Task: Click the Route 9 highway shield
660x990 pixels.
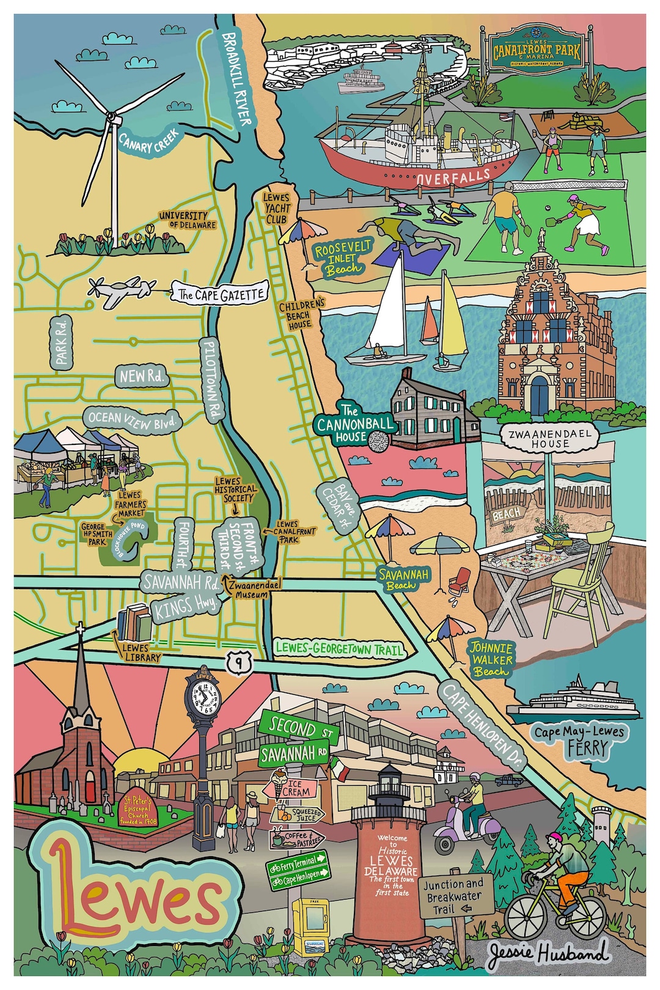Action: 241,661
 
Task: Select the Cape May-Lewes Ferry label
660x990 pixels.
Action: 579,739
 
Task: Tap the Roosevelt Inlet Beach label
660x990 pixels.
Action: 343,257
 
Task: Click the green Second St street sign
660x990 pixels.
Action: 296,727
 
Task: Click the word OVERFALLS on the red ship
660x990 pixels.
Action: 453,177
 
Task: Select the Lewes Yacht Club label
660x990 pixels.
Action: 277,208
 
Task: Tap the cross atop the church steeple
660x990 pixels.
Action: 79,632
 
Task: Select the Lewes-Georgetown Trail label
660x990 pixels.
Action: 339,648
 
